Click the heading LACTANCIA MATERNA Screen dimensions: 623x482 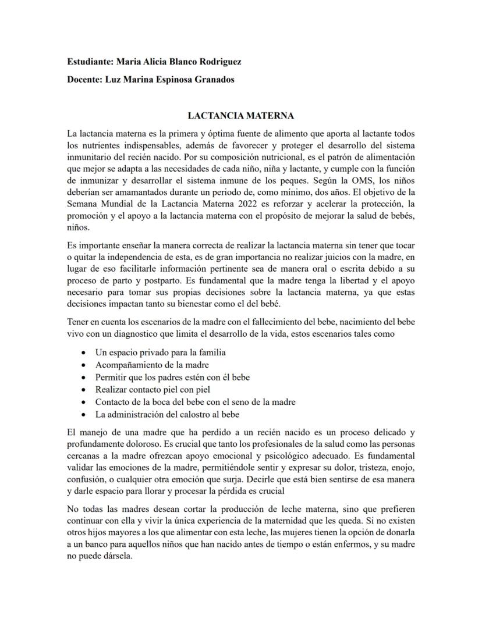[x=241, y=116]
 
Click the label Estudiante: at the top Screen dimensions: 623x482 [x=90, y=61]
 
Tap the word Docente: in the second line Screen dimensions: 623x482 [x=84, y=80]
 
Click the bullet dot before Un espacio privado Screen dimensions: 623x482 [x=86, y=353]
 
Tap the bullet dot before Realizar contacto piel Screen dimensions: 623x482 [x=86, y=390]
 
